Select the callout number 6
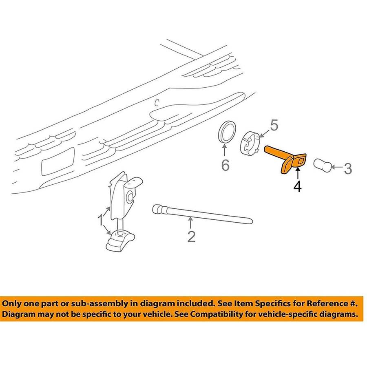pos(225,165)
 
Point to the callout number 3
pos(348,168)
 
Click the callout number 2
pos(192,237)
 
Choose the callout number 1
pos(100,221)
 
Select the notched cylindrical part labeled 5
pos(250,143)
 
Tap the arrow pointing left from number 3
pos(337,167)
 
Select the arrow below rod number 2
pos(190,222)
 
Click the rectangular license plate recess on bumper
pos(58,161)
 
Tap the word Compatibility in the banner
pos(216,314)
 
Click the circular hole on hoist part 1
pos(129,197)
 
